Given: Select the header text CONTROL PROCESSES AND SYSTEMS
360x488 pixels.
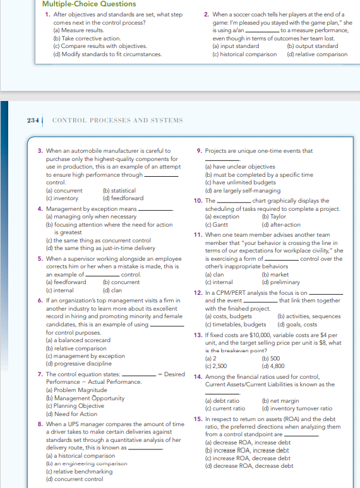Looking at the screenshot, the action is tap(117, 120).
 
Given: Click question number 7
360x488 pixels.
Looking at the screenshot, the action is tap(40, 374).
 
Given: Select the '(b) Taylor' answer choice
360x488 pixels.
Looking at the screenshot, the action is tap(273, 216).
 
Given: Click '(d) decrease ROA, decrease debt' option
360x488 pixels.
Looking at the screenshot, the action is tap(249, 466).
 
